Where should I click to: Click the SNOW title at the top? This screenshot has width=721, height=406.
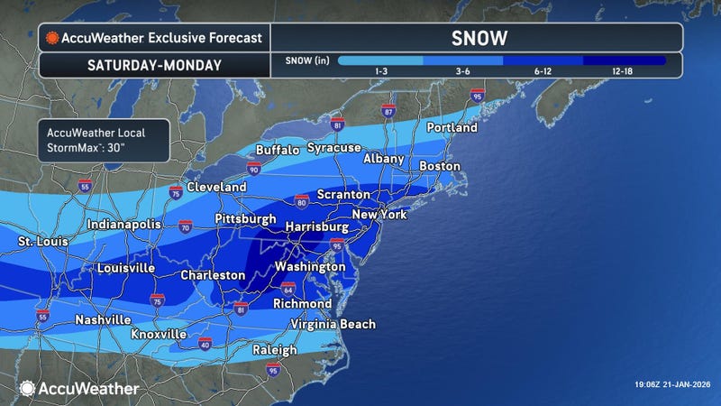tap(477, 38)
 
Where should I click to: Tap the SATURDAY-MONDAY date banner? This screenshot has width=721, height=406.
tap(153, 65)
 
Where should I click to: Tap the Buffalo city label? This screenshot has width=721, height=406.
tap(277, 150)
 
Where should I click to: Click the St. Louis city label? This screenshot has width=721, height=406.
tap(44, 242)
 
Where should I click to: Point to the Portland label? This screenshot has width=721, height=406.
tap(452, 128)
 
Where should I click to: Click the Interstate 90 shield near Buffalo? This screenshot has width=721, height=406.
tap(254, 168)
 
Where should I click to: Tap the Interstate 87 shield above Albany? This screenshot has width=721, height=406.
tap(388, 111)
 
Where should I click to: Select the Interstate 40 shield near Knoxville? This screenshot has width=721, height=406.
tap(205, 344)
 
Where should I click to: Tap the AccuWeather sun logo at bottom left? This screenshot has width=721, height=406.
tap(27, 388)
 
